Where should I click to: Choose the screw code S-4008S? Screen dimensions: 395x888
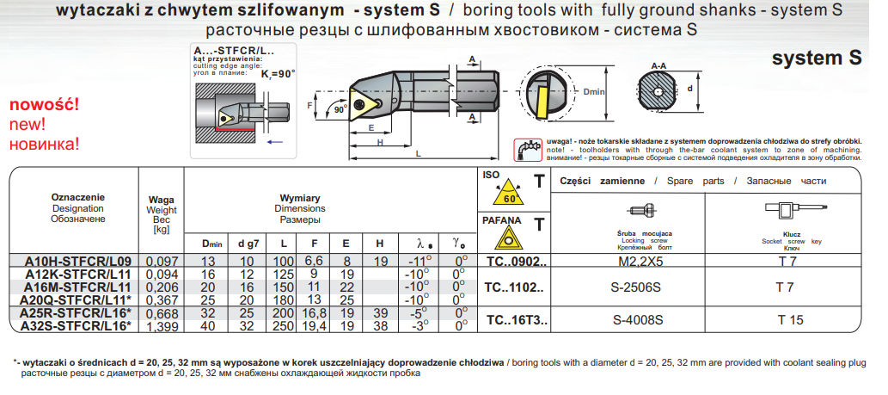[x=639, y=319]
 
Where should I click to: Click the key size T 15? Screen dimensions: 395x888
[x=789, y=319]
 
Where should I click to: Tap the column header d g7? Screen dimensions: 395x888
[x=248, y=244]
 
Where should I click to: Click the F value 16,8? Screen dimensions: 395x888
[x=314, y=313]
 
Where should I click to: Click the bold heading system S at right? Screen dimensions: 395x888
[x=816, y=59]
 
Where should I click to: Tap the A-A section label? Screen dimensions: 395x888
[x=659, y=65]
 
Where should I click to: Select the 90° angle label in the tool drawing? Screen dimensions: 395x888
[x=339, y=109]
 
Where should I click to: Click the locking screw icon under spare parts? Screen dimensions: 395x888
[x=642, y=211]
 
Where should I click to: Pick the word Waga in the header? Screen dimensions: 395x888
[x=162, y=200]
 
